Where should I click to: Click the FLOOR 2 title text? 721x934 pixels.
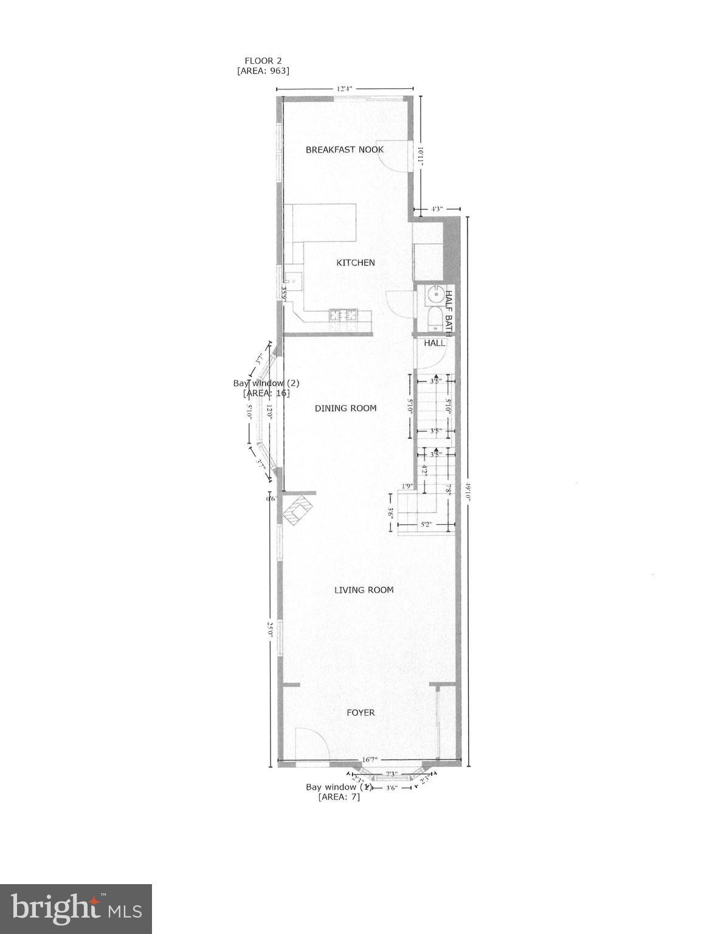click(263, 60)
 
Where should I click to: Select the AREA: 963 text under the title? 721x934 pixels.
click(263, 71)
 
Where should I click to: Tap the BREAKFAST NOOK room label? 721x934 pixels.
click(344, 150)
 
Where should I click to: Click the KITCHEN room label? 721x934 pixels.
click(356, 263)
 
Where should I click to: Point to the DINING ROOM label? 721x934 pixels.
click(345, 408)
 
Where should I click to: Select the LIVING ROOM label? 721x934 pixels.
click(364, 589)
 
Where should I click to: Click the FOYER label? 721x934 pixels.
click(360, 712)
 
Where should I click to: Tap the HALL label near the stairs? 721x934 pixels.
click(435, 343)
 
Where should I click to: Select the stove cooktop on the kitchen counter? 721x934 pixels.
click(344, 315)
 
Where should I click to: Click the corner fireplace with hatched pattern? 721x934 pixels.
click(297, 510)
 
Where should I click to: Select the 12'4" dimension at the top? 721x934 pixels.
click(345, 89)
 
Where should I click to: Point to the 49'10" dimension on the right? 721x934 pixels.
click(467, 489)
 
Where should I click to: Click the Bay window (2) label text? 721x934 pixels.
click(266, 383)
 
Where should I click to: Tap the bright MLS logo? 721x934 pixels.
click(76, 909)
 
